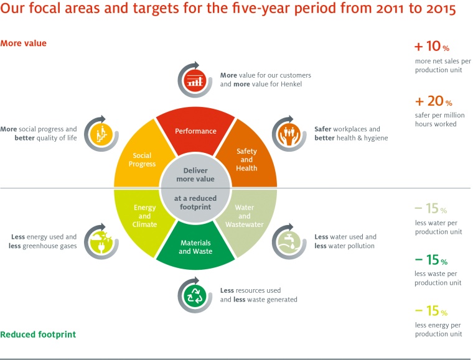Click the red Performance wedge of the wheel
click(x=195, y=130)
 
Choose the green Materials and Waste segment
click(x=195, y=246)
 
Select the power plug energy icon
click(x=100, y=241)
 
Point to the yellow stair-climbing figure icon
click(x=100, y=133)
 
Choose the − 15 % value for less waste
click(x=431, y=260)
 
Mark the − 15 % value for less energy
click(x=431, y=311)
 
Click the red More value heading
click(x=23, y=44)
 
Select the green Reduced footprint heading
click(x=38, y=335)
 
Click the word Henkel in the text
click(x=289, y=84)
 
